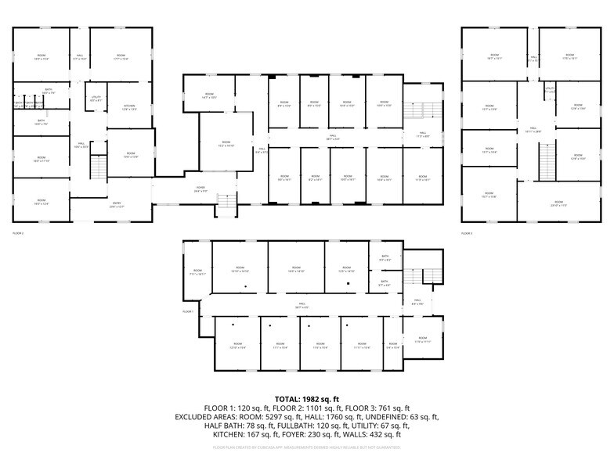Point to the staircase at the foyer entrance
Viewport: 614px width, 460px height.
pos(225,203)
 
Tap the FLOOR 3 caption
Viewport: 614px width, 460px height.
pos(467,233)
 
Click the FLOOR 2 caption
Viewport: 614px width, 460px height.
pos(18,233)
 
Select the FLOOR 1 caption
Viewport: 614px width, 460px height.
pos(188,311)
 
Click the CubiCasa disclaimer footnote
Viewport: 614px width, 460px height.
pos(306,447)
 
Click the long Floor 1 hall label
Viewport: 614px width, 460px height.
pos(300,306)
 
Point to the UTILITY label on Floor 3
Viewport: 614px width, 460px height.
pos(550,89)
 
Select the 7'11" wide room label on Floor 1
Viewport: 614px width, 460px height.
pos(197,272)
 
